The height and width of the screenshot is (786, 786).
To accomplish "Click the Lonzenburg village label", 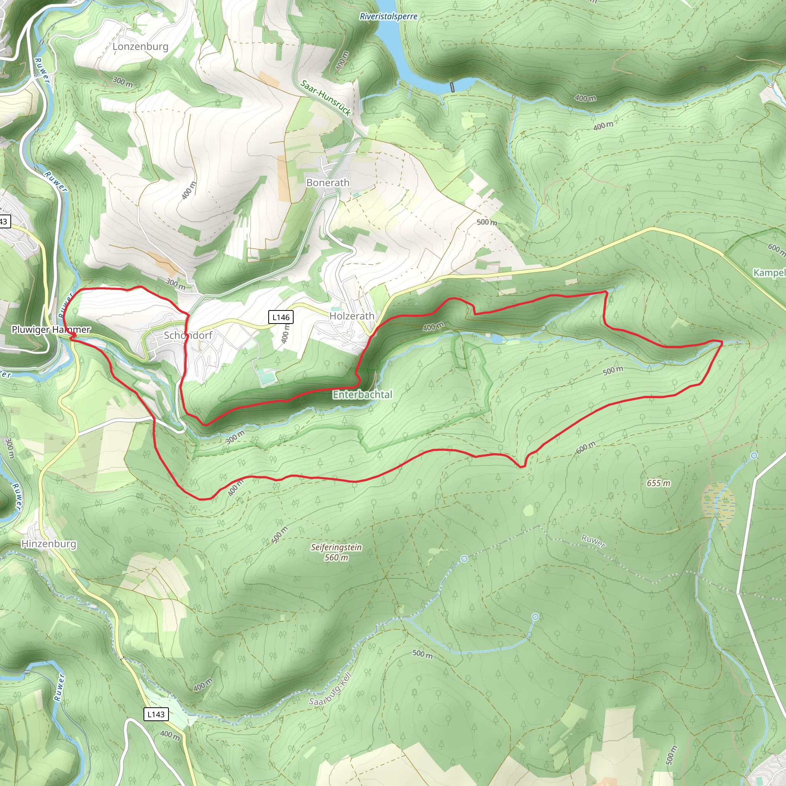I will point(140,46).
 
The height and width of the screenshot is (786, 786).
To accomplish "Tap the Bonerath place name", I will point(327,183).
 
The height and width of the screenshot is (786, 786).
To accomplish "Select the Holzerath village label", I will point(352,316).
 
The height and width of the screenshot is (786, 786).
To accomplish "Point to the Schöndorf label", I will point(188,335).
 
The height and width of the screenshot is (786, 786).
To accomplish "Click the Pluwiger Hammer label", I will point(51,330).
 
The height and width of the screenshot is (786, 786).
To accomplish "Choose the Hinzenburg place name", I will point(49,544).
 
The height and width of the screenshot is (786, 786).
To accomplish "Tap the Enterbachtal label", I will point(362,395).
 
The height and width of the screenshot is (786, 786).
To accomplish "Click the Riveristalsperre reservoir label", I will point(388,17).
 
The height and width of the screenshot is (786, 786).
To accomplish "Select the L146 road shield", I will point(281,317).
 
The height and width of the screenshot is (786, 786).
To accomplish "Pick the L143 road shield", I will point(156,714).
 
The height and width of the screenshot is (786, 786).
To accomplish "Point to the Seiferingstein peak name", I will point(336,547).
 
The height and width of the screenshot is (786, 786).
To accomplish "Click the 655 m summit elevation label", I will point(659,483).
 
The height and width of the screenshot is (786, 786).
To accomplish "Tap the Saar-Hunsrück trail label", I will point(325,97).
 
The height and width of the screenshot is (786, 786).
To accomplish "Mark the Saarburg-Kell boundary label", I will point(330,689).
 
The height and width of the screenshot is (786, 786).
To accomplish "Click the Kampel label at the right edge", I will point(769,272).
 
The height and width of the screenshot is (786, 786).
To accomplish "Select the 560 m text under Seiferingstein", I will point(336,557).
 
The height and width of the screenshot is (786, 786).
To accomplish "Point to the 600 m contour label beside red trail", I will point(585,447).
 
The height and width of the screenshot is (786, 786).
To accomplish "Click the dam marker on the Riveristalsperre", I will point(452,88).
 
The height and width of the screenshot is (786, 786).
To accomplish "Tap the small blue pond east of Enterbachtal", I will point(497,339).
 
